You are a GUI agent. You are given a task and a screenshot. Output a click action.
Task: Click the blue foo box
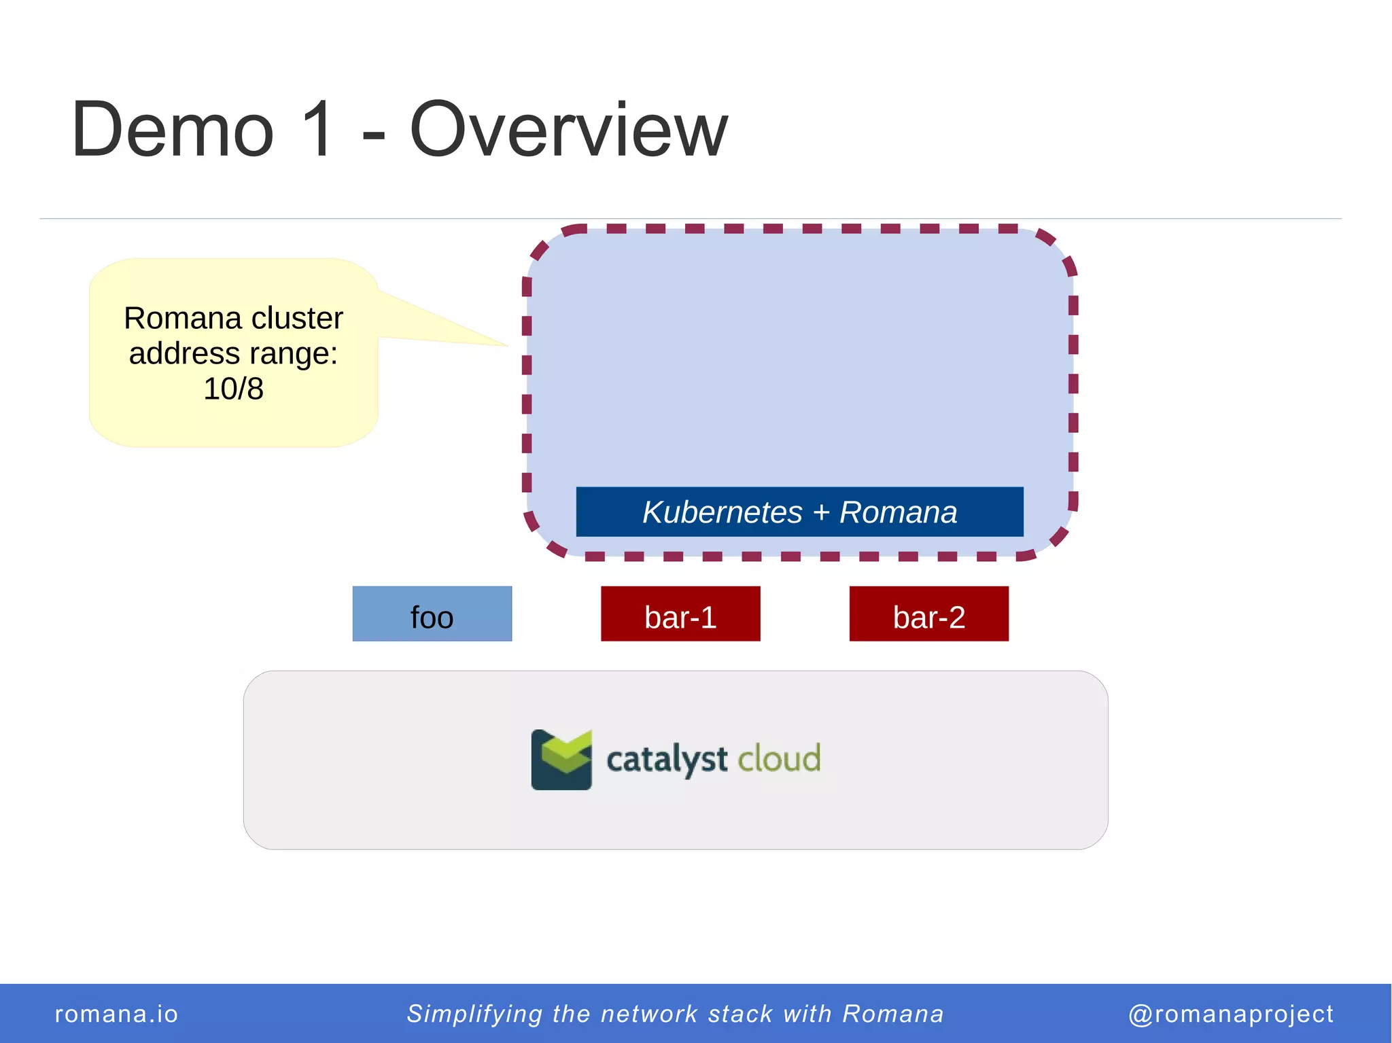click(432, 614)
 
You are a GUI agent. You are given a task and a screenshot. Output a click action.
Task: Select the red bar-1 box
click(680, 614)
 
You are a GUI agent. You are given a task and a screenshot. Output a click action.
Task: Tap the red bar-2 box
click(928, 614)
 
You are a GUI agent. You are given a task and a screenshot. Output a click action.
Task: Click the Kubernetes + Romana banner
click(799, 512)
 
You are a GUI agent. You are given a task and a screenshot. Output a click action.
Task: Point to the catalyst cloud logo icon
click(561, 759)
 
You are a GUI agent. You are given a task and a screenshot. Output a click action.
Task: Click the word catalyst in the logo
click(666, 759)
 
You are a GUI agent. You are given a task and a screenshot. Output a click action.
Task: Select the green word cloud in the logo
click(779, 758)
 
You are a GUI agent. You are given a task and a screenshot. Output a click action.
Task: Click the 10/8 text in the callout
click(233, 389)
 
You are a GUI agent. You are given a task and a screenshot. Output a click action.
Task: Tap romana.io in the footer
click(116, 1014)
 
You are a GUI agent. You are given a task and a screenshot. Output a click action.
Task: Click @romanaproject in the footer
click(1230, 1014)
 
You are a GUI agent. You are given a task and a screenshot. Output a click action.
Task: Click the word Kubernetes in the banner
click(723, 512)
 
